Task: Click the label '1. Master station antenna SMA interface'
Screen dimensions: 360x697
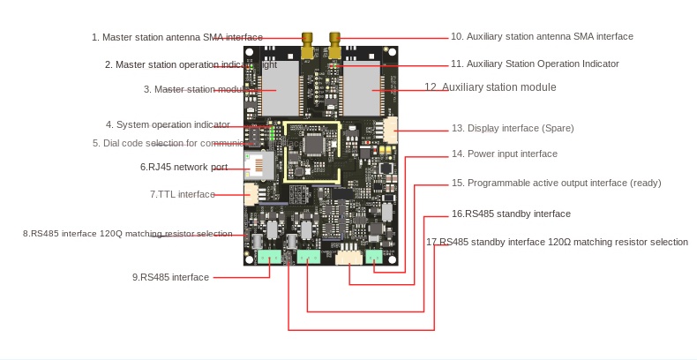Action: (x=176, y=37)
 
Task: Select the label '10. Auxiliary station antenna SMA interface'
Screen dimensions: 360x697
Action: (x=542, y=36)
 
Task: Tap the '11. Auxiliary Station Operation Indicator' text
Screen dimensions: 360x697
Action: (x=535, y=64)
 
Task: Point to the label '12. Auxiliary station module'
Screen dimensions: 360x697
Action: (x=491, y=87)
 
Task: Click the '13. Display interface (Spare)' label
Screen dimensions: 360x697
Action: (x=513, y=128)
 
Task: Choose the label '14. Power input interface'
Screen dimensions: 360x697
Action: (x=504, y=154)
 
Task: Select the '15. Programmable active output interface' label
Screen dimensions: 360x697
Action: (x=556, y=183)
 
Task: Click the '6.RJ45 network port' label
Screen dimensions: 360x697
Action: (x=184, y=167)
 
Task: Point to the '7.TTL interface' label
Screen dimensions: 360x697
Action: (x=182, y=194)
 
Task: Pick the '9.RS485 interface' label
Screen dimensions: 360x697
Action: (x=171, y=277)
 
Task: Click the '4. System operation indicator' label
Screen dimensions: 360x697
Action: (x=168, y=125)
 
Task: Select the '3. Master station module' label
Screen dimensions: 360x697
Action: (x=199, y=89)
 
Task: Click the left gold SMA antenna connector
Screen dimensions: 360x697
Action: (x=306, y=46)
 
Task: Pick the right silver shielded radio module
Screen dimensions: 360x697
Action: (x=362, y=90)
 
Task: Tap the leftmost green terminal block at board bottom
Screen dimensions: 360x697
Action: (x=269, y=257)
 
